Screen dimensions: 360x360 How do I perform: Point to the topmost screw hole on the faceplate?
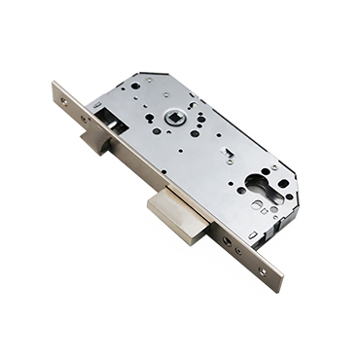[x=64, y=100]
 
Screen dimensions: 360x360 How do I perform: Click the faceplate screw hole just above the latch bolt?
[x=85, y=119]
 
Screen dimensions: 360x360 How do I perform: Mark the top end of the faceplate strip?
[x=55, y=88]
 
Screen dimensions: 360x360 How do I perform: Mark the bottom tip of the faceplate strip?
[x=279, y=287]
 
